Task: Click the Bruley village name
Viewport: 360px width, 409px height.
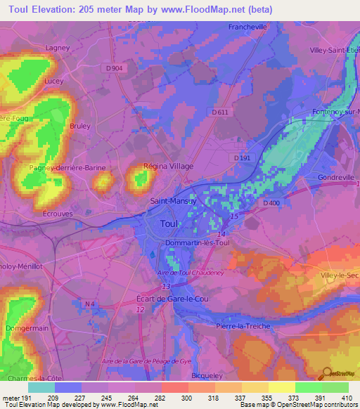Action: pos(80,126)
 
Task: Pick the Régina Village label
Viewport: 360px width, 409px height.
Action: pos(168,166)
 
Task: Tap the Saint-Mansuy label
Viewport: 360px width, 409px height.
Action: pos(172,200)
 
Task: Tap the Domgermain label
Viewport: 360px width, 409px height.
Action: pos(27,327)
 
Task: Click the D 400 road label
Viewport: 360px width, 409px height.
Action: pos(271,203)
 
